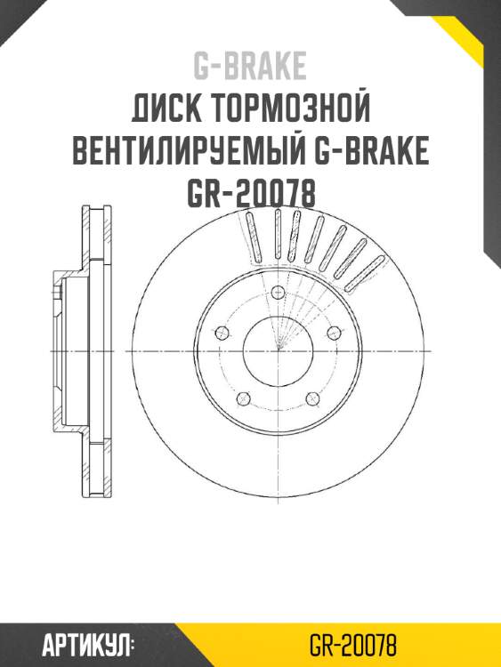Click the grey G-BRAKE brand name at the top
[x=250, y=66]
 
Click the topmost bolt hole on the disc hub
[x=278, y=293]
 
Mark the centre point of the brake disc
[x=278, y=350]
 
